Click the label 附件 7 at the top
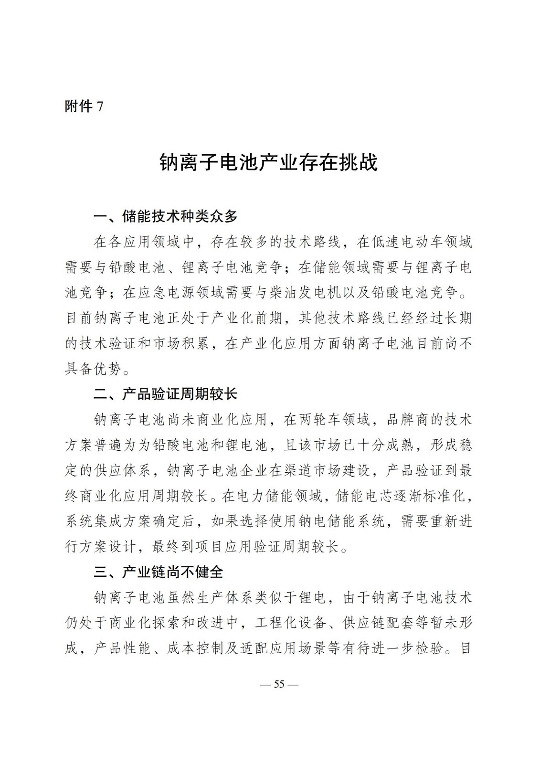point(84,106)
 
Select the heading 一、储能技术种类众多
point(165,216)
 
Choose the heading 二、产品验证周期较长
point(165,394)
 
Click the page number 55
point(279,684)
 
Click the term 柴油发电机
point(311,293)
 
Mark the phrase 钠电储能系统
point(340,521)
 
